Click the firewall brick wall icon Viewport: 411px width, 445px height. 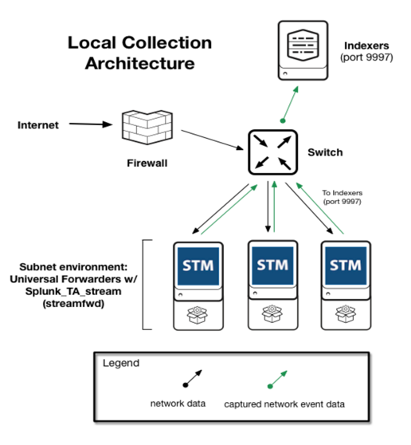click(147, 127)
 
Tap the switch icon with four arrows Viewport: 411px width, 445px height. click(272, 152)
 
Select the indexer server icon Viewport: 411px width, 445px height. click(303, 50)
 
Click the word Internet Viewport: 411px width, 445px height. click(38, 125)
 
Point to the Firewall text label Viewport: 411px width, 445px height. click(147, 163)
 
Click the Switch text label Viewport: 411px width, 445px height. click(325, 152)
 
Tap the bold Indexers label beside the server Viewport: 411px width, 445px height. click(366, 45)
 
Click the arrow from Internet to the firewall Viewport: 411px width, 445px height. click(91, 124)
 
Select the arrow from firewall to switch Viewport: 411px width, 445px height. click(213, 140)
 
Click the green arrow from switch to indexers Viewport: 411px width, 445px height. click(290, 104)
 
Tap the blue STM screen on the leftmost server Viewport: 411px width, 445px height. click(198, 266)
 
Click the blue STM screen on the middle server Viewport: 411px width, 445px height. click(272, 265)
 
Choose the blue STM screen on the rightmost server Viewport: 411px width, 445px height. click(346, 266)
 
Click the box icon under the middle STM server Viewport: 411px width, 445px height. click(272, 314)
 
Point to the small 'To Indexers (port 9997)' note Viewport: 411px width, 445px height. click(342, 197)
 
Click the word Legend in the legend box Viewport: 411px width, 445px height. click(121, 364)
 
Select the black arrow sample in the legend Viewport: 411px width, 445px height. click(193, 379)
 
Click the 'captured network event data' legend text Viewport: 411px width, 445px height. click(284, 404)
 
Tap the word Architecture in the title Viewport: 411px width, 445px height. click(139, 63)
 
